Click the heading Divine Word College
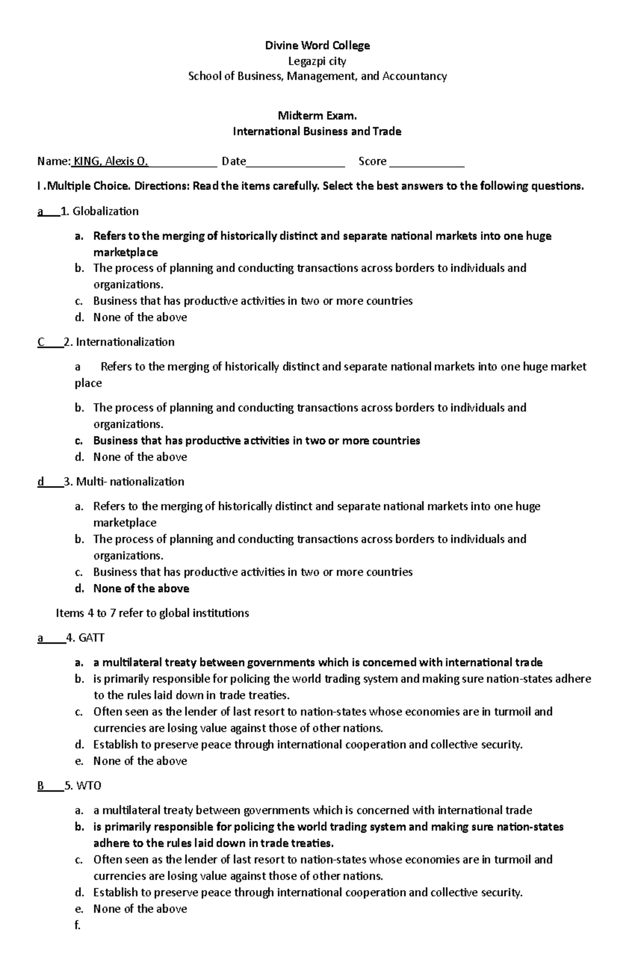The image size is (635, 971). tap(317, 46)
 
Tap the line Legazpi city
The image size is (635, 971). tap(317, 61)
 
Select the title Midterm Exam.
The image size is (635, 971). tap(317, 115)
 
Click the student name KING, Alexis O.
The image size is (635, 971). tap(111, 161)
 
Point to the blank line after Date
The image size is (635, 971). tap(295, 162)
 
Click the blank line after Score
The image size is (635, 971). tap(427, 162)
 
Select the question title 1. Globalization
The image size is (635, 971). tap(100, 211)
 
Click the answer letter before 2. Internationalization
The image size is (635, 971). tap(41, 342)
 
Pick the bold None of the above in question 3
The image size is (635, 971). tap(141, 588)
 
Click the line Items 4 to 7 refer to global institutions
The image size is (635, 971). tap(152, 613)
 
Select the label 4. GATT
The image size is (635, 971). tap(85, 638)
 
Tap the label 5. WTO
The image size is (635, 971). tap(83, 786)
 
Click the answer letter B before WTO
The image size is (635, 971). tap(41, 786)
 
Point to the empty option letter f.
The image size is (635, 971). tap(78, 925)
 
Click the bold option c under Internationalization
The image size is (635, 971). tap(256, 441)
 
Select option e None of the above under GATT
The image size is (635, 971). tap(140, 761)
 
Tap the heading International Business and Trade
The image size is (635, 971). tap(317, 131)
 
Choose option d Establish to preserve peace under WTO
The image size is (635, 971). tap(307, 893)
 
